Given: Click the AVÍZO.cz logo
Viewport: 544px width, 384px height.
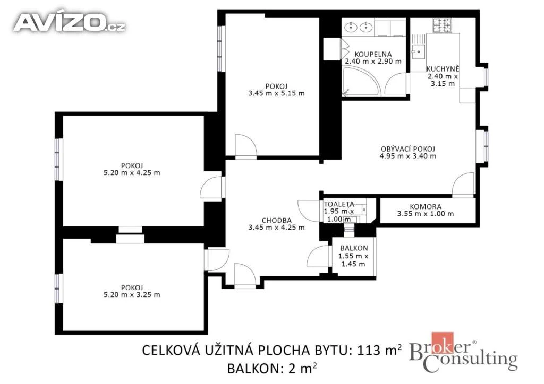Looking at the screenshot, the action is (x=70, y=23).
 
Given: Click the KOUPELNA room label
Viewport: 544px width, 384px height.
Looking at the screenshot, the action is (x=373, y=54).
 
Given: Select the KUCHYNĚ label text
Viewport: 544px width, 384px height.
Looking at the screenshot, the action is (x=443, y=68).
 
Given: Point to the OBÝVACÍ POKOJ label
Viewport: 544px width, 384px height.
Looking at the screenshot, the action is (x=408, y=149).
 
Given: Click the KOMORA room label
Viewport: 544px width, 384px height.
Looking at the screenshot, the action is (x=426, y=207).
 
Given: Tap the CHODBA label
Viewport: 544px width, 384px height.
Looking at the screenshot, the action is (x=276, y=220).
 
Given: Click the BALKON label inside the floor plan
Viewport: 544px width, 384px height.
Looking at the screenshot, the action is (x=354, y=248).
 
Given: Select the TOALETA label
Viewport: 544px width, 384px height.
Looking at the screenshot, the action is (x=339, y=204).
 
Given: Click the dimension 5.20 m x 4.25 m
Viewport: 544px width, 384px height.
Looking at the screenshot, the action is (x=132, y=172).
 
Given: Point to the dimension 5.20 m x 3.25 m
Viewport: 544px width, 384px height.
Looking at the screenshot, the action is (x=132, y=295).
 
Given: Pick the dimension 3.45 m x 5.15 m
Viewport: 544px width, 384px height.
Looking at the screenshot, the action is (x=276, y=93).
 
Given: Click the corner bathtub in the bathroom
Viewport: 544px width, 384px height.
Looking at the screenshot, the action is (x=361, y=82).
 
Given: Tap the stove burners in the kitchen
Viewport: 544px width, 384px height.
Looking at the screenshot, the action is (x=442, y=25).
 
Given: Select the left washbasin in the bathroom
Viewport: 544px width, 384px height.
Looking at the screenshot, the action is (x=352, y=27).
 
